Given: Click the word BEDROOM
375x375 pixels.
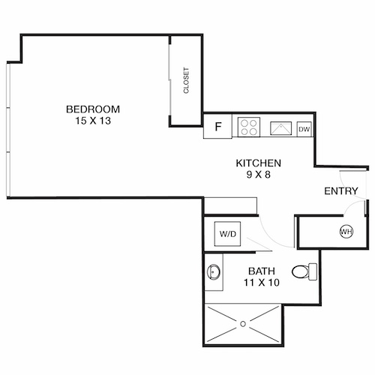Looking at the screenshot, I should (93, 109).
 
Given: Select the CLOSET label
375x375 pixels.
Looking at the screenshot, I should (186, 81).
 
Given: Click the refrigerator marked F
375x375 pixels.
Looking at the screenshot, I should (218, 127).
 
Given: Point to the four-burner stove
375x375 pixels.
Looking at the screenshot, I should (248, 127).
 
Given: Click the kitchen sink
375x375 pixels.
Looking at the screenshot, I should (281, 127).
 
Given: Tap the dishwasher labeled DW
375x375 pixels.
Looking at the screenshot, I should (304, 128).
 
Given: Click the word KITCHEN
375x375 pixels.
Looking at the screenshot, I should (258, 163).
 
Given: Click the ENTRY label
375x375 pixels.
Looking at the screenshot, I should (340, 191).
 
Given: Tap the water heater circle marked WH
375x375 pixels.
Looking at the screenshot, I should (346, 231).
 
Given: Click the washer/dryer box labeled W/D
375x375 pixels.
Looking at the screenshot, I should (227, 233).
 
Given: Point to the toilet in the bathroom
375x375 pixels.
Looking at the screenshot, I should (301, 270).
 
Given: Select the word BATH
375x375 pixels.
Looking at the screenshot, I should (260, 271).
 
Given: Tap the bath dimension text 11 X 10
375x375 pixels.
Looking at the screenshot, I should (260, 283).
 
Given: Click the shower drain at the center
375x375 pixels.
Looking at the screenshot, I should (243, 325).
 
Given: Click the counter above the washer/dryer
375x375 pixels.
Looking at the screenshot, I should (231, 205).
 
